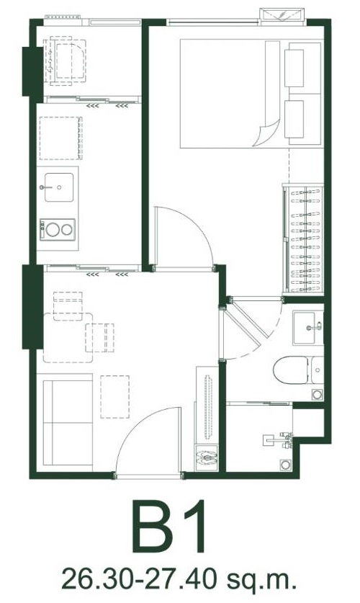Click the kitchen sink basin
59,187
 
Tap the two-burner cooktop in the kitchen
58,230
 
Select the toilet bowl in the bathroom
291,370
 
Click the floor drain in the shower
285,465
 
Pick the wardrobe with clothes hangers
302,239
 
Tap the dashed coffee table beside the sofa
115,397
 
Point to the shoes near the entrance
207,457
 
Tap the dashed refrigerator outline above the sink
60,138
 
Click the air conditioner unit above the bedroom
284,15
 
